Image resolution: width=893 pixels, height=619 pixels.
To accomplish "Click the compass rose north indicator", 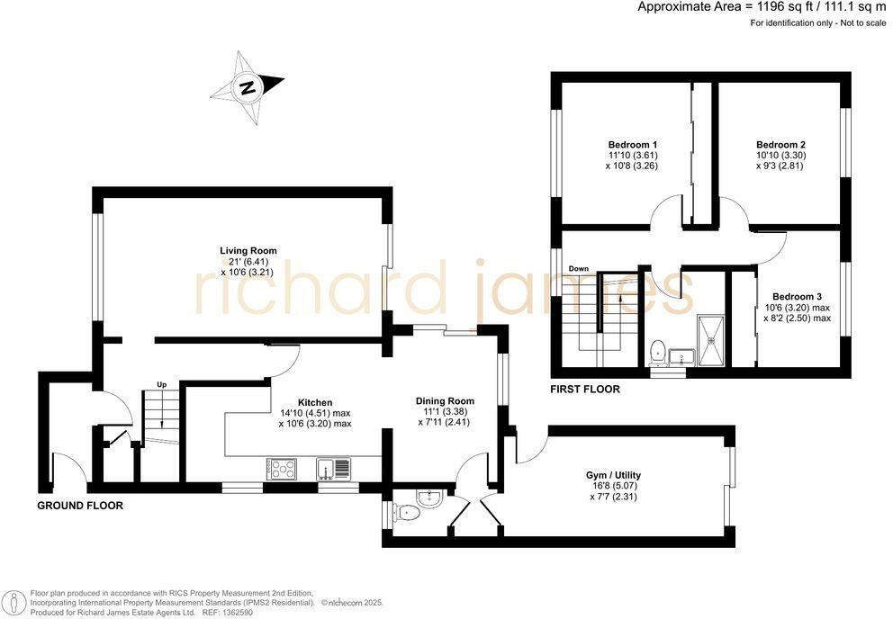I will (248, 87).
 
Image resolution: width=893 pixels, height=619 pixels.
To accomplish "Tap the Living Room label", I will (248, 251).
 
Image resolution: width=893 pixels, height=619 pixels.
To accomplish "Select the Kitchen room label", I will (315, 402).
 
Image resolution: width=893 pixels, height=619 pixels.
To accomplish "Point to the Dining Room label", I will (444, 401).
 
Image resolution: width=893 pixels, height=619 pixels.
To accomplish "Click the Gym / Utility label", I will (613, 475).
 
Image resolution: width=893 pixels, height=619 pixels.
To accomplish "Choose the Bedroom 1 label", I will (632, 145).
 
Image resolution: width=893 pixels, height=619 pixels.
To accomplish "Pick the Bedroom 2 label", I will (780, 145).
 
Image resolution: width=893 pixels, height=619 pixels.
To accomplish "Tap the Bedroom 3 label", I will (797, 296).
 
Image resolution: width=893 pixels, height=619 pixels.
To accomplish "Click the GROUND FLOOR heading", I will (79, 506).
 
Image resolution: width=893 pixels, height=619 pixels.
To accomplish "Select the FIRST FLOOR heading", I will (585, 390).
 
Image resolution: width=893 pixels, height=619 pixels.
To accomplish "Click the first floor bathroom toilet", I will (657, 349).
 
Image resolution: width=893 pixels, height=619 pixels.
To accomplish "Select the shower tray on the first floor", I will (711, 342).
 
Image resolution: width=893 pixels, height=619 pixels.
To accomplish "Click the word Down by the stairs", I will (578, 269).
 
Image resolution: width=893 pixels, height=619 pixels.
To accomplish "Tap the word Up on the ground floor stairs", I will (162, 385).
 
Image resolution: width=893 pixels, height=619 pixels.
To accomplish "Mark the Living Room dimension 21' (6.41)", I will (248, 262).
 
